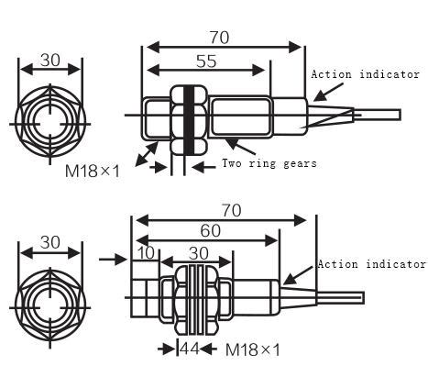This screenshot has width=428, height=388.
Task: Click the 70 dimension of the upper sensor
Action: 218,38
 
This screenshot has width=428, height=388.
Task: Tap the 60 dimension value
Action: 211,231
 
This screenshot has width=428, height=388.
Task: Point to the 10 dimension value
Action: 144,252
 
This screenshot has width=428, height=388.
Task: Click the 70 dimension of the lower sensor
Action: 232,211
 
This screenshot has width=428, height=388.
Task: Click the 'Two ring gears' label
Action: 269,163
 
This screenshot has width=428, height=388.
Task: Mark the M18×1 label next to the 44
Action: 252,349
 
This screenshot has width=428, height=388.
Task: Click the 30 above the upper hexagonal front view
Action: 49,60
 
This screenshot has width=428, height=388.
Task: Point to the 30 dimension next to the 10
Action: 197,252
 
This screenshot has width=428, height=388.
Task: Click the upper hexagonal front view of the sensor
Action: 49,116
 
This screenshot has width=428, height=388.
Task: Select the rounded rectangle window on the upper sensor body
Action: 239,116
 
